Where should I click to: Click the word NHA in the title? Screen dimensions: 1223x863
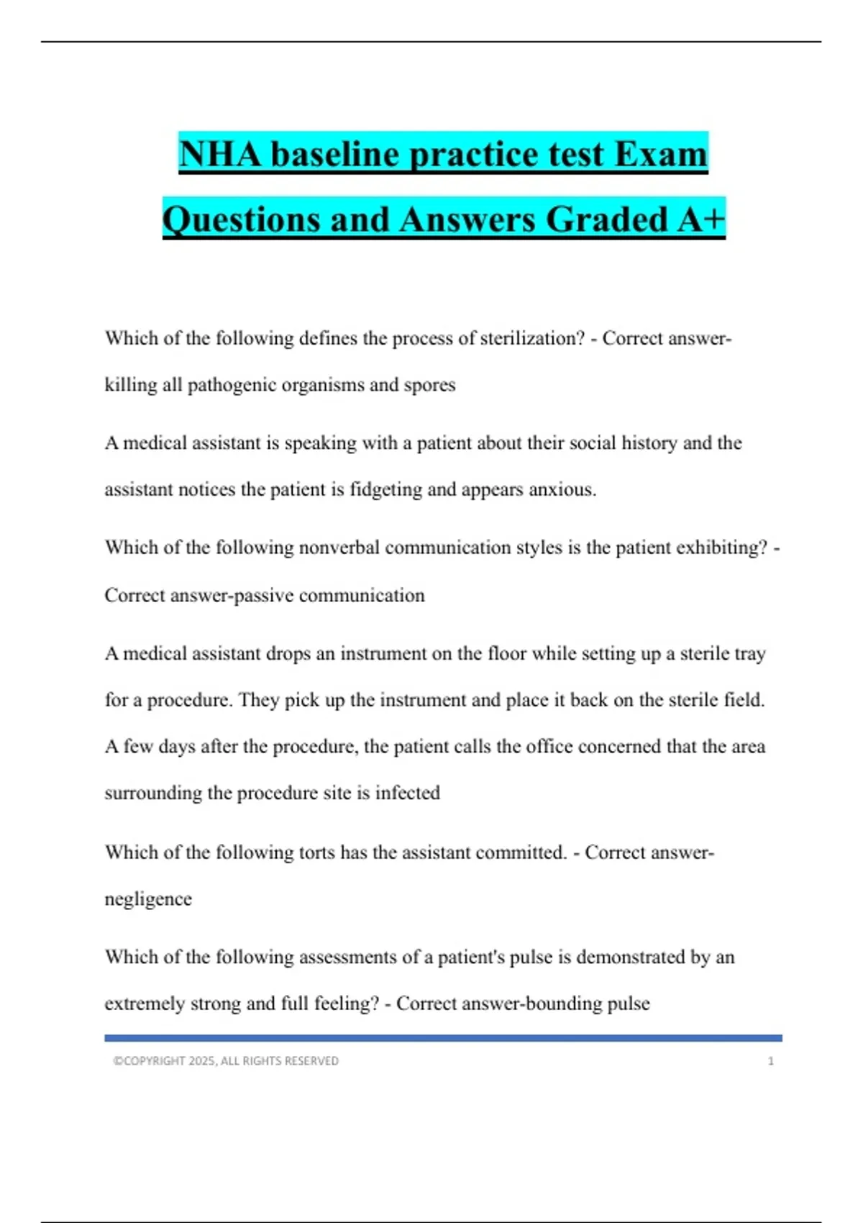[x=220, y=154]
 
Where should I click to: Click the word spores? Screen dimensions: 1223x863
[x=429, y=385]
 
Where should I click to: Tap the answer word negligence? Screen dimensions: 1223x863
[x=148, y=899]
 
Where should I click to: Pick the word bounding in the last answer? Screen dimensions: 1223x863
[x=565, y=1004]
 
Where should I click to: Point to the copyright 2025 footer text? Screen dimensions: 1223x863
[x=226, y=1061]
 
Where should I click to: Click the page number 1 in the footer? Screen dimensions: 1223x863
[x=771, y=1061]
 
